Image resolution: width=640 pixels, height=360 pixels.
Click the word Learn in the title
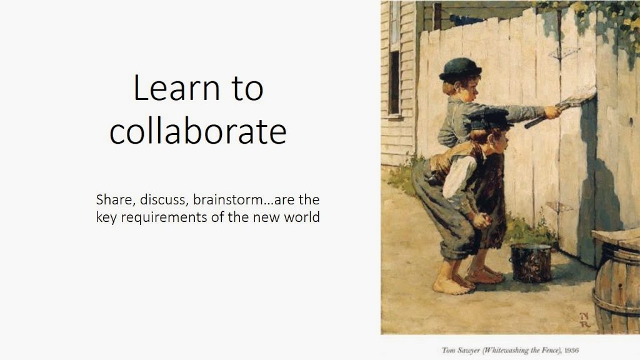[176, 87]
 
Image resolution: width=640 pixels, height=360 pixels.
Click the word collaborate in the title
[198, 131]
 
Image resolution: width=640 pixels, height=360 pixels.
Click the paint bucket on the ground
[530, 263]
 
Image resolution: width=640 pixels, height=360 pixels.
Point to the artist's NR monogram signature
[585, 320]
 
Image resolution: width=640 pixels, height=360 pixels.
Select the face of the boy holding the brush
[469, 89]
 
